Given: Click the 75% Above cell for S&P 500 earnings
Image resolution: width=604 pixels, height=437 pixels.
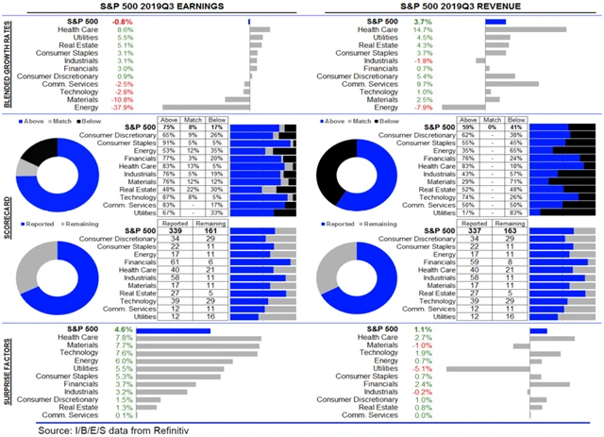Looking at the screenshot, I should pos(171,127).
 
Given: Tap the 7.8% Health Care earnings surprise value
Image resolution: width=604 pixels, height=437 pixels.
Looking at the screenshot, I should pos(123,338).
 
